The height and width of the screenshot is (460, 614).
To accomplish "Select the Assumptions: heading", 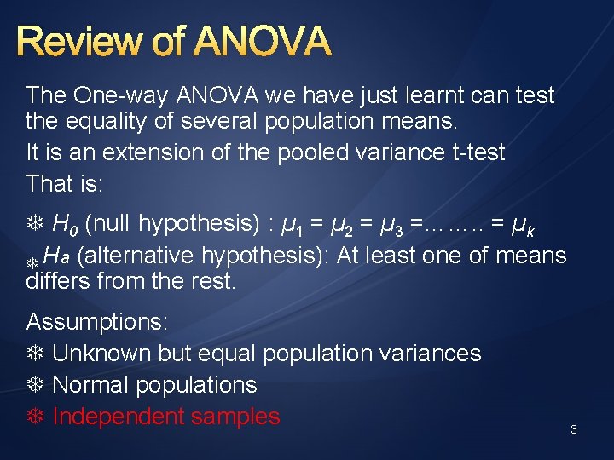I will click(x=97, y=322).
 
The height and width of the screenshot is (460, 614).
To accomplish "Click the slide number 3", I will click(x=574, y=430).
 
